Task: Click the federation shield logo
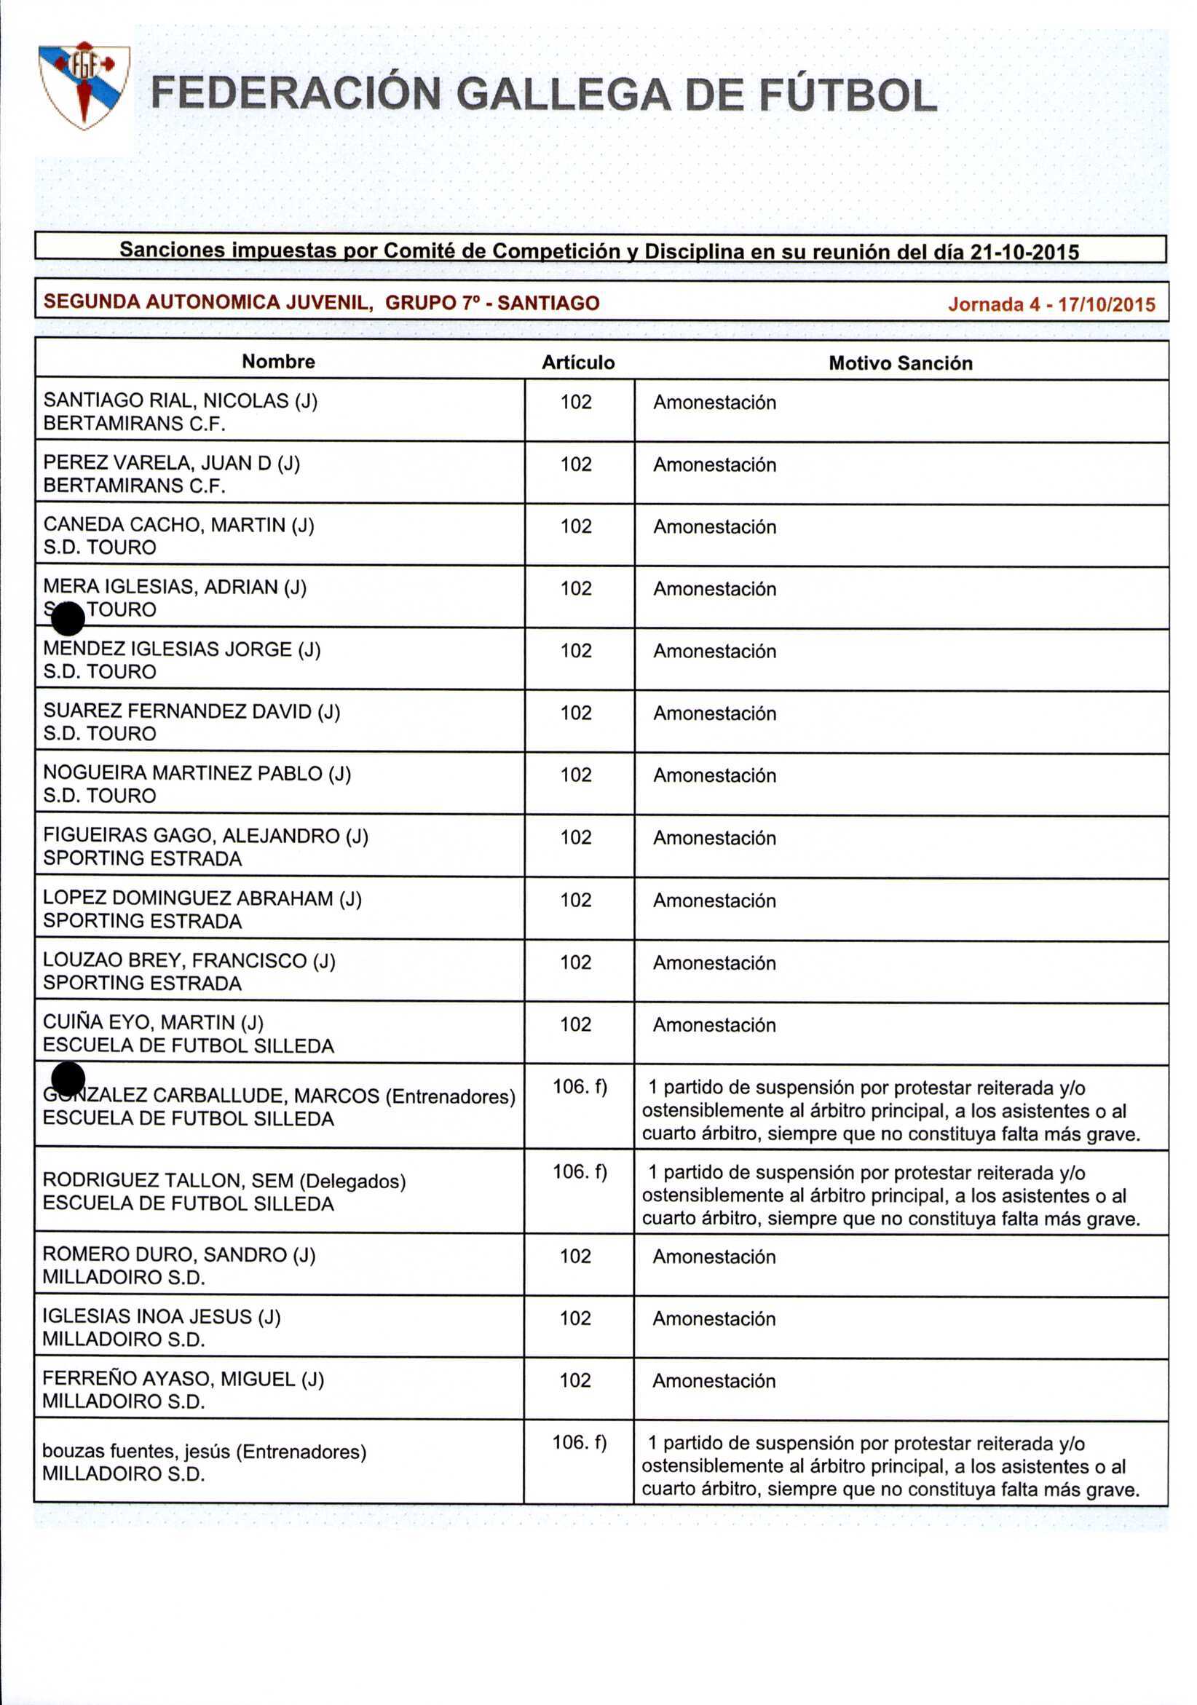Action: (84, 84)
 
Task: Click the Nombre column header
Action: (278, 362)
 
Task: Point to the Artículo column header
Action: (577, 363)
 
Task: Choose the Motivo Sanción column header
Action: (900, 363)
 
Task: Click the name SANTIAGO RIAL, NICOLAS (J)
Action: (181, 401)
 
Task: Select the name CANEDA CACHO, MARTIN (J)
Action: (179, 525)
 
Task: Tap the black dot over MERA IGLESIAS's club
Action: (68, 619)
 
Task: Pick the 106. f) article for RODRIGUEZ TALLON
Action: (579, 1172)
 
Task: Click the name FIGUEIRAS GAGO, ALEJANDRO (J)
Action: (205, 836)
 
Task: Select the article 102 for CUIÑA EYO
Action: (575, 1024)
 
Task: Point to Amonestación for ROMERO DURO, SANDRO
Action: (714, 1257)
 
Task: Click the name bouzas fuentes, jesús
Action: (138, 1451)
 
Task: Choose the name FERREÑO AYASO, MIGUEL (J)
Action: (183, 1379)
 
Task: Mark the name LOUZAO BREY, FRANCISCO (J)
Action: (189, 961)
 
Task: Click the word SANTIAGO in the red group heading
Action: (548, 303)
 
